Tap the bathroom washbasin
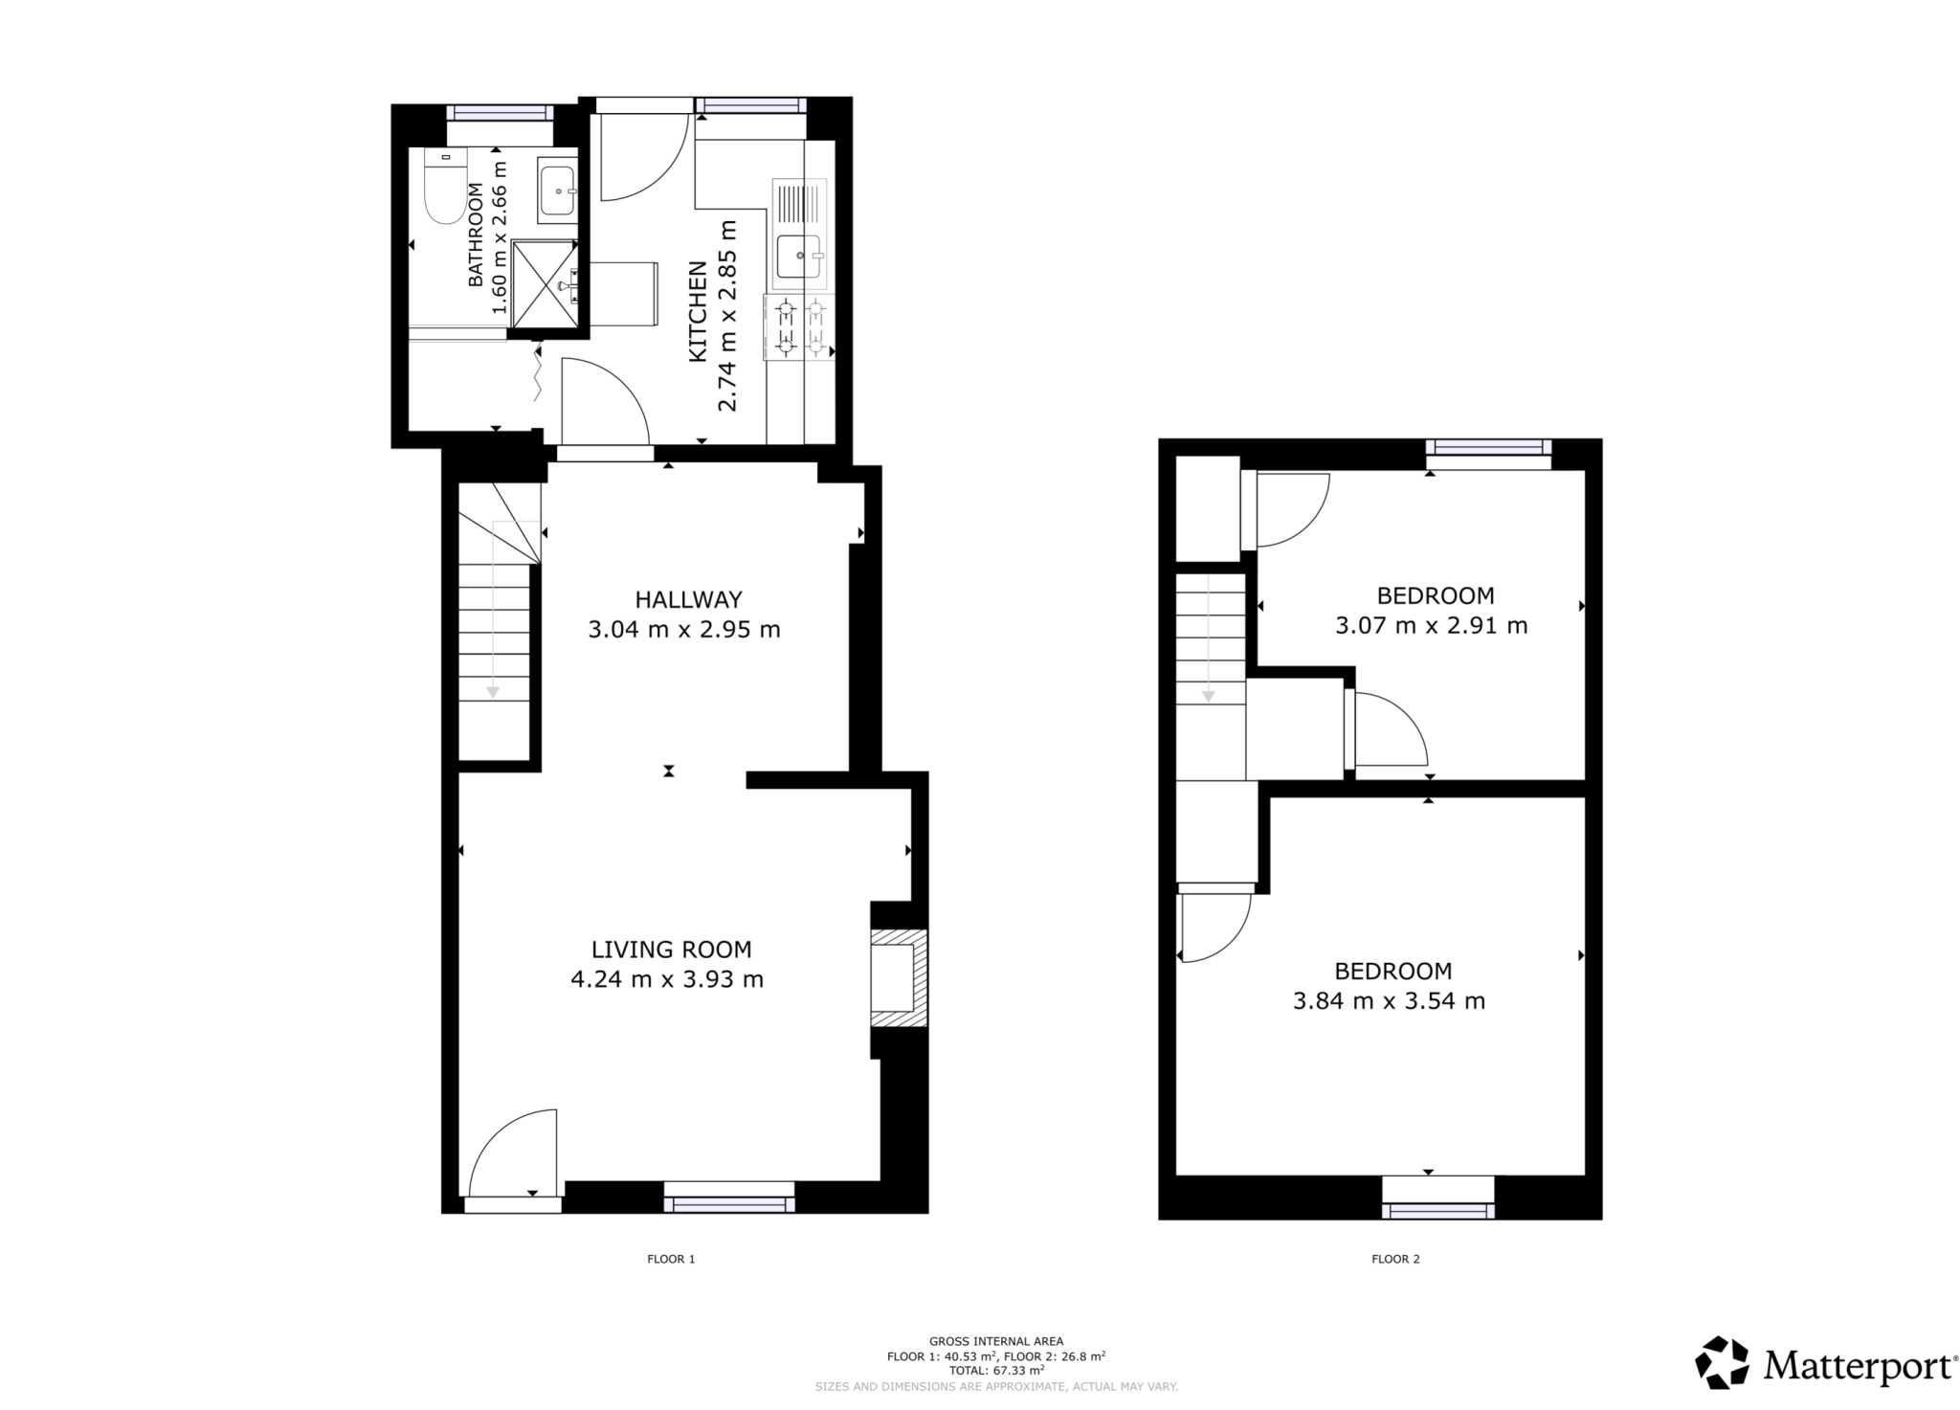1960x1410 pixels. (557, 190)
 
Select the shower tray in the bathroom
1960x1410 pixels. (546, 284)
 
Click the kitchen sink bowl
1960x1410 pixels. (797, 257)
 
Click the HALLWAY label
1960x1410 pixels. (688, 600)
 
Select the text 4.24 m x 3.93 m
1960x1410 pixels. (667, 979)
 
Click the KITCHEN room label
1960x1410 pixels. (698, 311)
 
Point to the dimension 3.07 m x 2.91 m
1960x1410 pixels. (1431, 626)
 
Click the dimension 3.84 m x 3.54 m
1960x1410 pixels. (1389, 1001)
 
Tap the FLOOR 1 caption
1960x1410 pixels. (671, 1259)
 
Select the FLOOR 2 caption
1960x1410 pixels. (1395, 1259)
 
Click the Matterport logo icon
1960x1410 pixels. (1721, 1362)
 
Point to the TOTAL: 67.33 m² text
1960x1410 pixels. (996, 1370)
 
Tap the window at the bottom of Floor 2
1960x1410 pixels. (1437, 1210)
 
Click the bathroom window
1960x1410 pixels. (500, 112)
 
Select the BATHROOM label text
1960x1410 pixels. (476, 235)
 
